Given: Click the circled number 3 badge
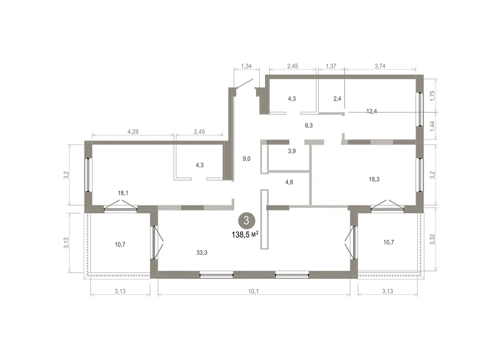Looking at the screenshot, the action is (x=246, y=221).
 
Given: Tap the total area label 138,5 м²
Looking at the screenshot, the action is (x=245, y=235).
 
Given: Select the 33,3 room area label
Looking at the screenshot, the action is (x=202, y=253).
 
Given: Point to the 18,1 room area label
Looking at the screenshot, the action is (x=123, y=193).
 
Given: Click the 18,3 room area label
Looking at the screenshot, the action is (x=374, y=179).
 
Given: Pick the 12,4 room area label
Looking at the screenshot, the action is (x=372, y=111).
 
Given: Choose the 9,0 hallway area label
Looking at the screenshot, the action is (x=246, y=159).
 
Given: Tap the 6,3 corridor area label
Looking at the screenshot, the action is (x=309, y=125).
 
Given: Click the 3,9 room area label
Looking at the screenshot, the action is (x=292, y=151).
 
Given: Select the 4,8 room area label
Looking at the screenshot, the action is (x=289, y=182).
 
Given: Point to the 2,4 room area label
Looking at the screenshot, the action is (x=337, y=99).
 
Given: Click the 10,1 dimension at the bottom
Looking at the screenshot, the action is (x=253, y=291).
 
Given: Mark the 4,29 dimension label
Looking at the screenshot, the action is (x=133, y=132).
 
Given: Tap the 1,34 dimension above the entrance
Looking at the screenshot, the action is (x=246, y=66).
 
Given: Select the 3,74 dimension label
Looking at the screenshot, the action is (x=380, y=66).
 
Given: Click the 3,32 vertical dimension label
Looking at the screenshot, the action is (x=433, y=239).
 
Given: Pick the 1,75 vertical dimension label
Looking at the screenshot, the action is (x=433, y=96).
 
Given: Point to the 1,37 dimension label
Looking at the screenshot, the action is (x=331, y=66).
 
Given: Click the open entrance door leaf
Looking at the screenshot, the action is (x=245, y=83).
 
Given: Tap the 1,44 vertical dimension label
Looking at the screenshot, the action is (x=433, y=126).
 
